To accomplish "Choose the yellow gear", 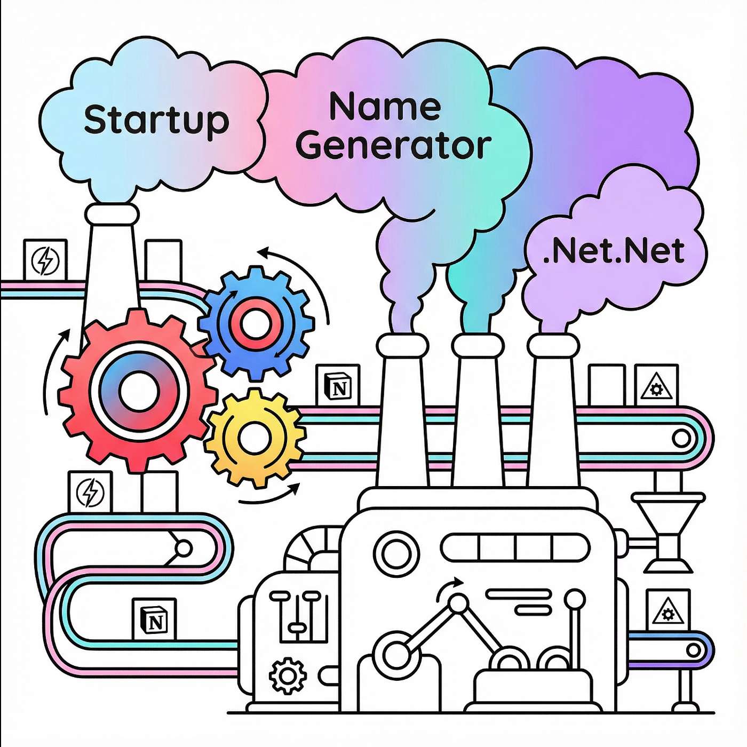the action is coord(255,438).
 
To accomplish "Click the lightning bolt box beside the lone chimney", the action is coord(45,259).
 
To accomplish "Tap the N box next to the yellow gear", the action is coord(338,385).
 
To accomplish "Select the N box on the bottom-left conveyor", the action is coord(154,619).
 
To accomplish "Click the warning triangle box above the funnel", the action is coord(656,385).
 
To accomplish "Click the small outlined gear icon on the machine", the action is coord(288,676).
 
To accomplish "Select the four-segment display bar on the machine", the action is coord(514,547).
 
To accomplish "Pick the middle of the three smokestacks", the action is coord(479,410).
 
